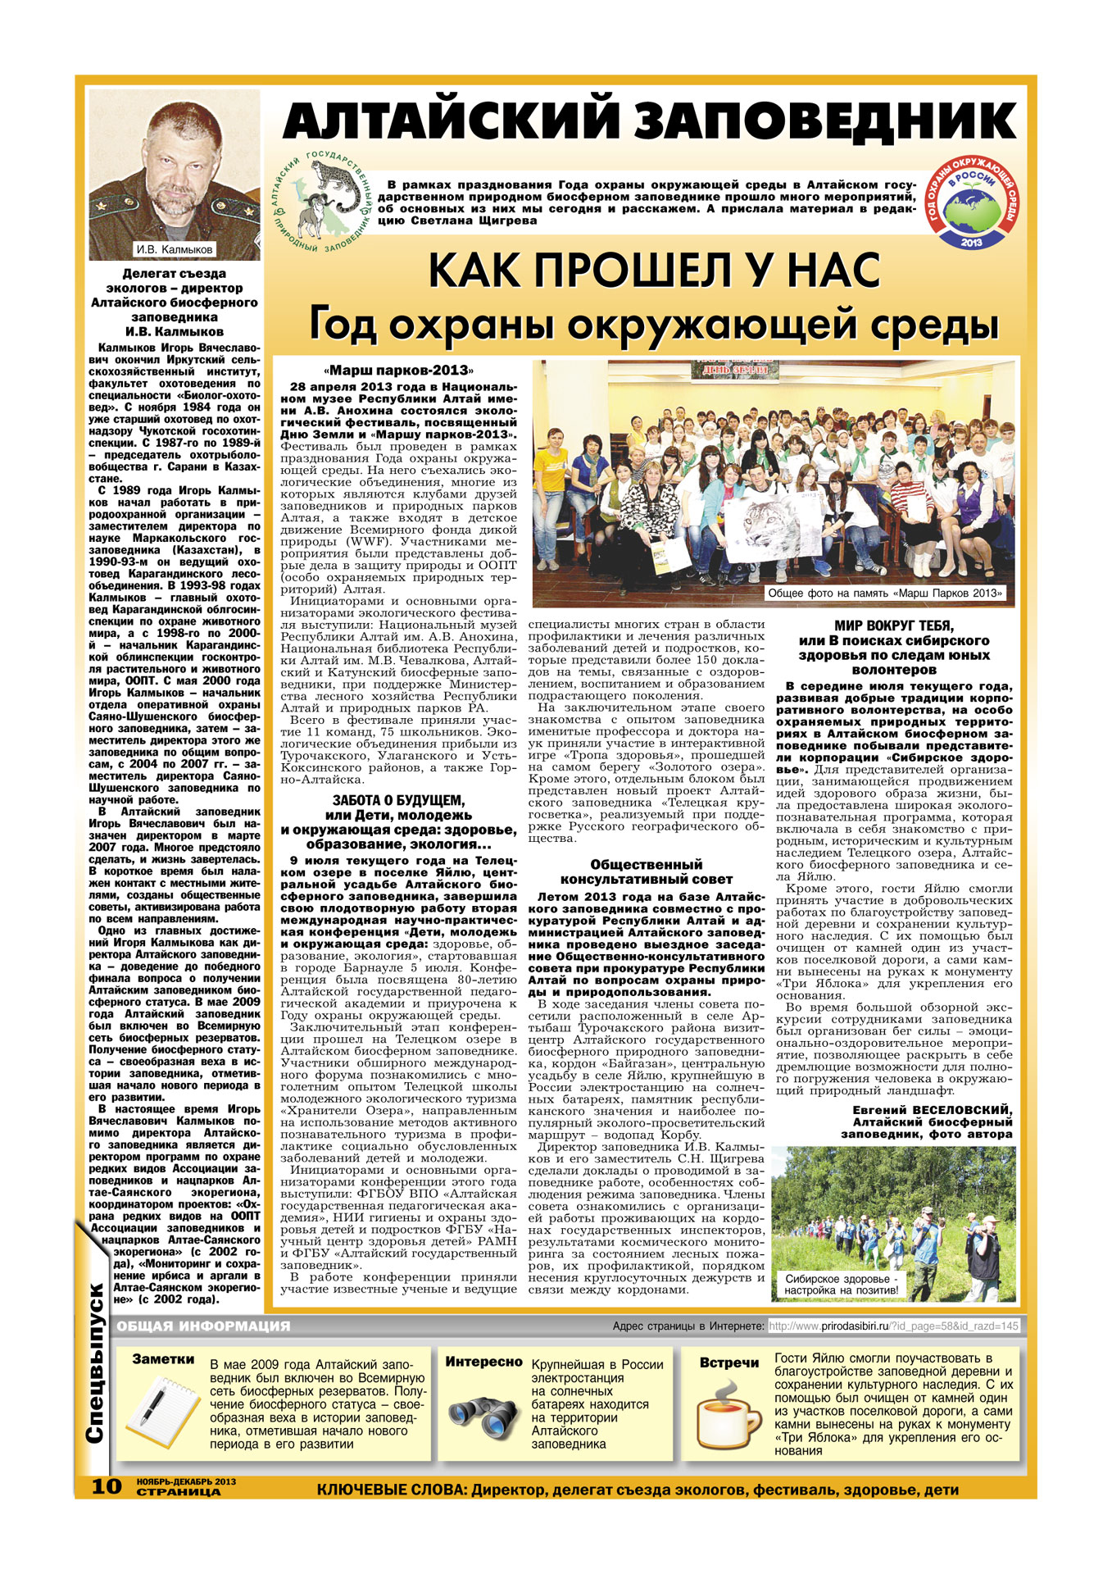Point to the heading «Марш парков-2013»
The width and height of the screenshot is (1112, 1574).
[398, 371]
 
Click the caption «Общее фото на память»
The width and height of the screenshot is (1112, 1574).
[885, 593]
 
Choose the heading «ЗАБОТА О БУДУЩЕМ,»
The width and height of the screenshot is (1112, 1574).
[398, 800]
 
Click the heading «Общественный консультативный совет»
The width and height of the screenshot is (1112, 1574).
[646, 871]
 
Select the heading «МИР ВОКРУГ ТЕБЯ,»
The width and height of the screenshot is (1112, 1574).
[893, 626]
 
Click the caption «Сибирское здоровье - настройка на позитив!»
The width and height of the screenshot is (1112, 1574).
[842, 1284]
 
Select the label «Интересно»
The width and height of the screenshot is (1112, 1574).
[483, 1362]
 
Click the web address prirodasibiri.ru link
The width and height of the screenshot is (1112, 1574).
[893, 1326]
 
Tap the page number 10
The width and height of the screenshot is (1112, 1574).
[106, 1485]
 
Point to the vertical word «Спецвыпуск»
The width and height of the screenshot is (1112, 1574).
[95, 1385]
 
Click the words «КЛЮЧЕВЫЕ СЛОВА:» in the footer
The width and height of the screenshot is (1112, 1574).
[392, 1490]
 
